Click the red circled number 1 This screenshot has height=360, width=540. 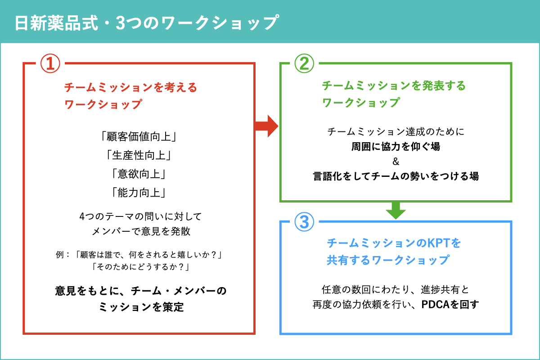(50, 63)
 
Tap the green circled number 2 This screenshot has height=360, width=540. (304, 63)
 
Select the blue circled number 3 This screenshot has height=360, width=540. (304, 222)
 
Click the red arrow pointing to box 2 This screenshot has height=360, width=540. (266, 126)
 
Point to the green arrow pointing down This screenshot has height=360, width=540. (396, 211)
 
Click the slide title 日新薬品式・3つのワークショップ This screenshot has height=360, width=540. (147, 23)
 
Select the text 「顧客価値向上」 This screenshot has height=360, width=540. (139, 137)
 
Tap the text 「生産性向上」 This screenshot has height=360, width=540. (139, 155)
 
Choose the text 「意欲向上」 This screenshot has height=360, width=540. (139, 174)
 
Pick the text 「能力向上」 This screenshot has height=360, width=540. (139, 193)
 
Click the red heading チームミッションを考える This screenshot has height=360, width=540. (130, 87)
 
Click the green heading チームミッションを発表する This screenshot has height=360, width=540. (394, 85)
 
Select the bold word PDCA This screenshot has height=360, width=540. (435, 305)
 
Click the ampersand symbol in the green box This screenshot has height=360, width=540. (396, 161)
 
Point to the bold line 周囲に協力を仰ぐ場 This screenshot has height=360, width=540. (396, 146)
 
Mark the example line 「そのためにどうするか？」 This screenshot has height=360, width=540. (141, 267)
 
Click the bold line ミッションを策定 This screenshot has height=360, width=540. (141, 307)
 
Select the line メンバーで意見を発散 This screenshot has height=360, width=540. (141, 231)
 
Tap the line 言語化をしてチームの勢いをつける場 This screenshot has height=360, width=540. (396, 176)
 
